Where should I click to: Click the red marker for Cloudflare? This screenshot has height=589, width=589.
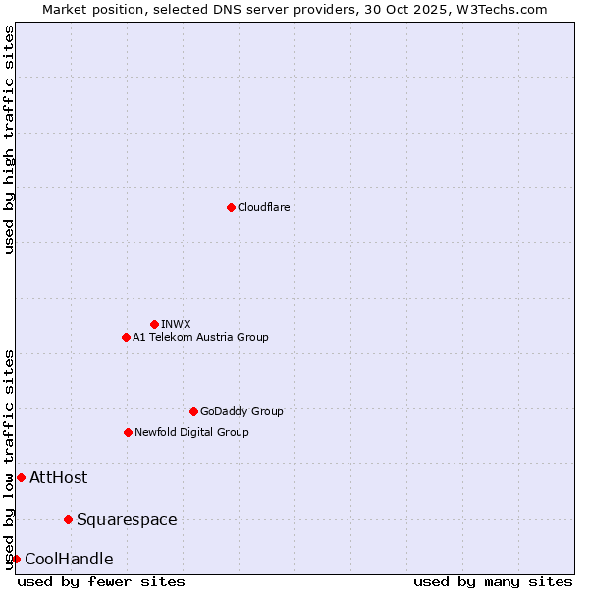pyautogui.click(x=231, y=207)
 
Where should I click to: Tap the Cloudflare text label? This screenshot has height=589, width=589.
pyautogui.click(x=263, y=207)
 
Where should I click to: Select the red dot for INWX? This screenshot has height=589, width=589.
pyautogui.click(x=154, y=324)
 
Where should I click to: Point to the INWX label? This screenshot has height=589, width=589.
pyautogui.click(x=176, y=324)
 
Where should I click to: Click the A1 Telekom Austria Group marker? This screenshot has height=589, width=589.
pyautogui.click(x=126, y=337)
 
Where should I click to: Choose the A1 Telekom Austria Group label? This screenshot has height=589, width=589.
pyautogui.click(x=200, y=337)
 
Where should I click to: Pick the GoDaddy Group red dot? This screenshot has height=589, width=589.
pyautogui.click(x=193, y=411)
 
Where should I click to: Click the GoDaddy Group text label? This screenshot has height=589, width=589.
pyautogui.click(x=241, y=411)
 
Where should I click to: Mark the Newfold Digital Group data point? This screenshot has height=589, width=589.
pyautogui.click(x=128, y=432)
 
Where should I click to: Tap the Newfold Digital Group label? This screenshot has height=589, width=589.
pyautogui.click(x=191, y=432)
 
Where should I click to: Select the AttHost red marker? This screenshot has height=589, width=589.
pyautogui.click(x=21, y=477)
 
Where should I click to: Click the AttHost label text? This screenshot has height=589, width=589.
pyautogui.click(x=58, y=478)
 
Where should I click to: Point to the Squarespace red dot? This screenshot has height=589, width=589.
pyautogui.click(x=68, y=519)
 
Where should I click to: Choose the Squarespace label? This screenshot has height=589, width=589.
pyautogui.click(x=127, y=519)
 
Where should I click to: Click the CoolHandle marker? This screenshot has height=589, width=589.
pyautogui.click(x=16, y=559)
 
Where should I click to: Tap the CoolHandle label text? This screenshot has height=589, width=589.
pyautogui.click(x=69, y=560)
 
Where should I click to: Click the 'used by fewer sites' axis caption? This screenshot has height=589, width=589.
pyautogui.click(x=101, y=581)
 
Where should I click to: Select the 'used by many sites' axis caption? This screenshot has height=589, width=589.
pyautogui.click(x=493, y=581)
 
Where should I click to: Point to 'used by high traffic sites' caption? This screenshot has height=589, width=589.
pyautogui.click(x=9, y=139)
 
